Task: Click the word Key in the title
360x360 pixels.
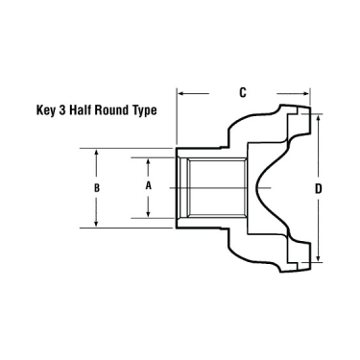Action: pyautogui.click(x=45, y=110)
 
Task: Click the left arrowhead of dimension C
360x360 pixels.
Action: pyautogui.click(x=181, y=93)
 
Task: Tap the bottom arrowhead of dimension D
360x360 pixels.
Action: pyautogui.click(x=319, y=258)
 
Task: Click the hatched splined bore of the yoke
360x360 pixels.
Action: pyautogui.click(x=210, y=186)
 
